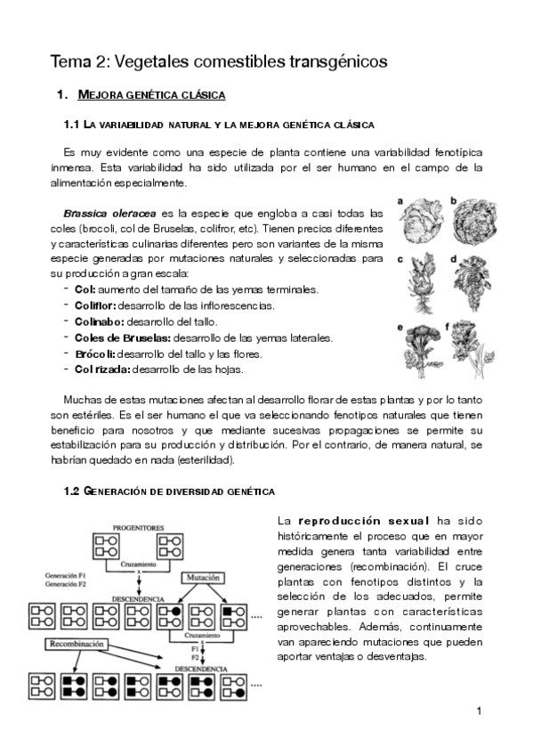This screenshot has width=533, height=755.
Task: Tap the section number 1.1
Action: pyautogui.click(x=73, y=125)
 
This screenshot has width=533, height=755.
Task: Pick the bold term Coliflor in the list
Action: pyautogui.click(x=95, y=305)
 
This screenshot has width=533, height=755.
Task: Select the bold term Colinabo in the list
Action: pyautogui.click(x=96, y=321)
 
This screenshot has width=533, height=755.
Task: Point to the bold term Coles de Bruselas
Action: pyautogui.click(x=119, y=337)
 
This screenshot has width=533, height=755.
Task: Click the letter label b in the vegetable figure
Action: pyautogui.click(x=453, y=202)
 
